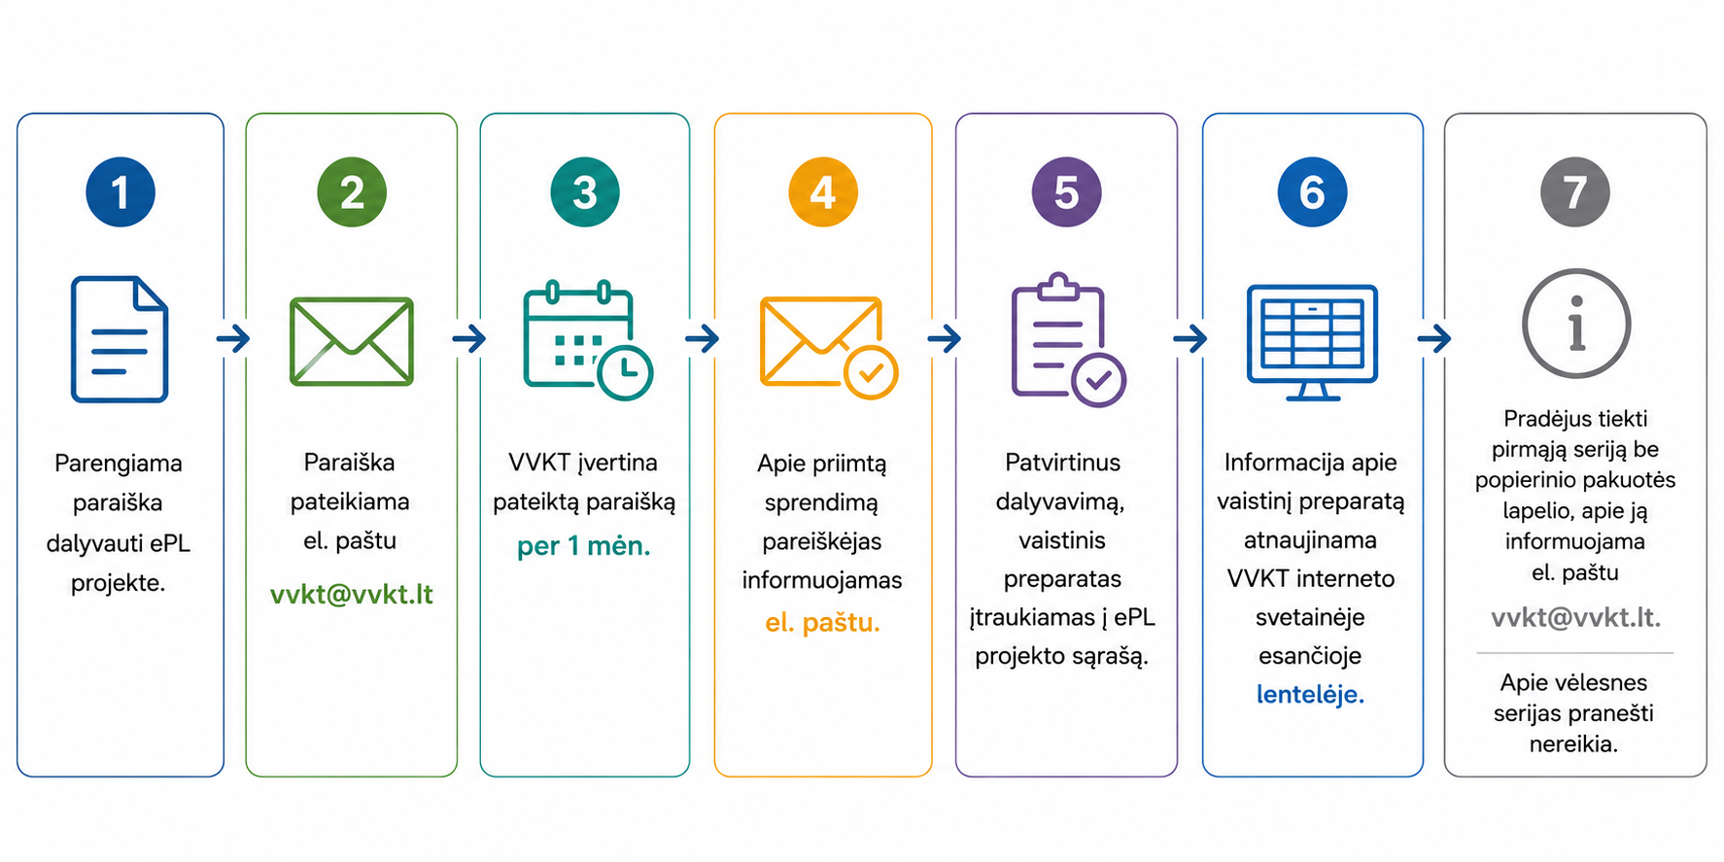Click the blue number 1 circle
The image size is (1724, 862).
pos(121,191)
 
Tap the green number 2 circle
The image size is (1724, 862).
pos(352,191)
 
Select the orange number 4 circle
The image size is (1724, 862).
pos(823,191)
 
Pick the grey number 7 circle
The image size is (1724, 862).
pos(1575,191)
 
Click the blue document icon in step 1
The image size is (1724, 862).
pos(120,339)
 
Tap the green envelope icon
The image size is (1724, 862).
pos(352,341)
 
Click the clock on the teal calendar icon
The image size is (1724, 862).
pos(625,372)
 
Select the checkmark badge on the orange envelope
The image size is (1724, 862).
pos(871,372)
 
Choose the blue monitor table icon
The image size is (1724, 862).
pos(1312,342)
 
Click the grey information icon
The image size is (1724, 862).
pos(1575,324)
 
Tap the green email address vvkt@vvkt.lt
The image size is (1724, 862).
pos(352,594)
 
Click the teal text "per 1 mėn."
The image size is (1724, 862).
pos(584,546)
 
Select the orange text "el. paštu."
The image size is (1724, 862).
pos(823,622)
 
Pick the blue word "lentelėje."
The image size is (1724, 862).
pos(1311,694)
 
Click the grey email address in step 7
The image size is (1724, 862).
pos(1575,617)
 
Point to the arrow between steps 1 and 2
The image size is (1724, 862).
pos(233,338)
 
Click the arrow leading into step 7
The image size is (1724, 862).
pos(1434,338)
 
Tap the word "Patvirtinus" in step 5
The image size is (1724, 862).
pos(1062,463)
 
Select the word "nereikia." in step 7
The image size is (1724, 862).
pos(1573,744)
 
